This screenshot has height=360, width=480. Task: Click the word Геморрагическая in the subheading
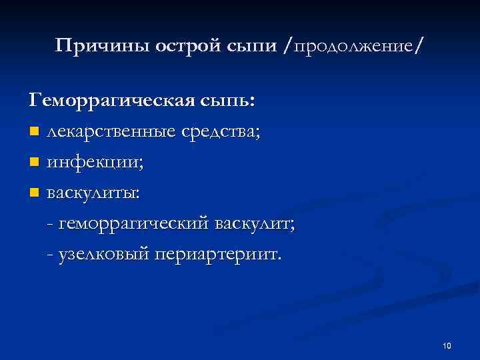pos(112,101)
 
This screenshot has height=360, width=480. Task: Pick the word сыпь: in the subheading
pos(227,101)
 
